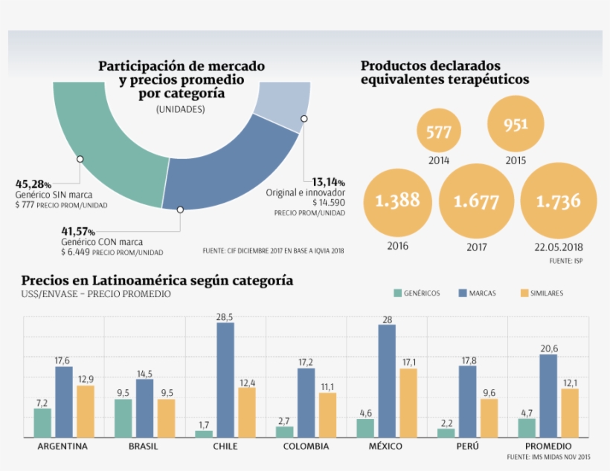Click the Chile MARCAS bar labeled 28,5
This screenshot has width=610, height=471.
click(225, 380)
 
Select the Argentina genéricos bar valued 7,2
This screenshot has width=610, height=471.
click(42, 423)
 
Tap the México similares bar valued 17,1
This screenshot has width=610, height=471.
click(408, 403)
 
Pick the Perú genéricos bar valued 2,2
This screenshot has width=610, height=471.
click(446, 432)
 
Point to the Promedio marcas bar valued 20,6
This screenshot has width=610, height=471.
click(548, 396)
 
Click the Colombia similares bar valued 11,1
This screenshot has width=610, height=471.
click(327, 415)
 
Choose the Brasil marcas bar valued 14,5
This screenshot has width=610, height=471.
click(144, 408)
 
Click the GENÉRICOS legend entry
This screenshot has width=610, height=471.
click(416, 293)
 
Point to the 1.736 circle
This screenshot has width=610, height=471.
click(558, 201)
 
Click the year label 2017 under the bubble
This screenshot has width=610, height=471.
click(478, 247)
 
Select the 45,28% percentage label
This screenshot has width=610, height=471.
click(33, 183)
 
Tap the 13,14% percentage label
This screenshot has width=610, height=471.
click(328, 182)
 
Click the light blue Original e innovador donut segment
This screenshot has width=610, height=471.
click(284, 105)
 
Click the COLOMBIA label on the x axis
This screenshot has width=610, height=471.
click(306, 446)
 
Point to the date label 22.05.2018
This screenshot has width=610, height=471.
click(558, 247)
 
